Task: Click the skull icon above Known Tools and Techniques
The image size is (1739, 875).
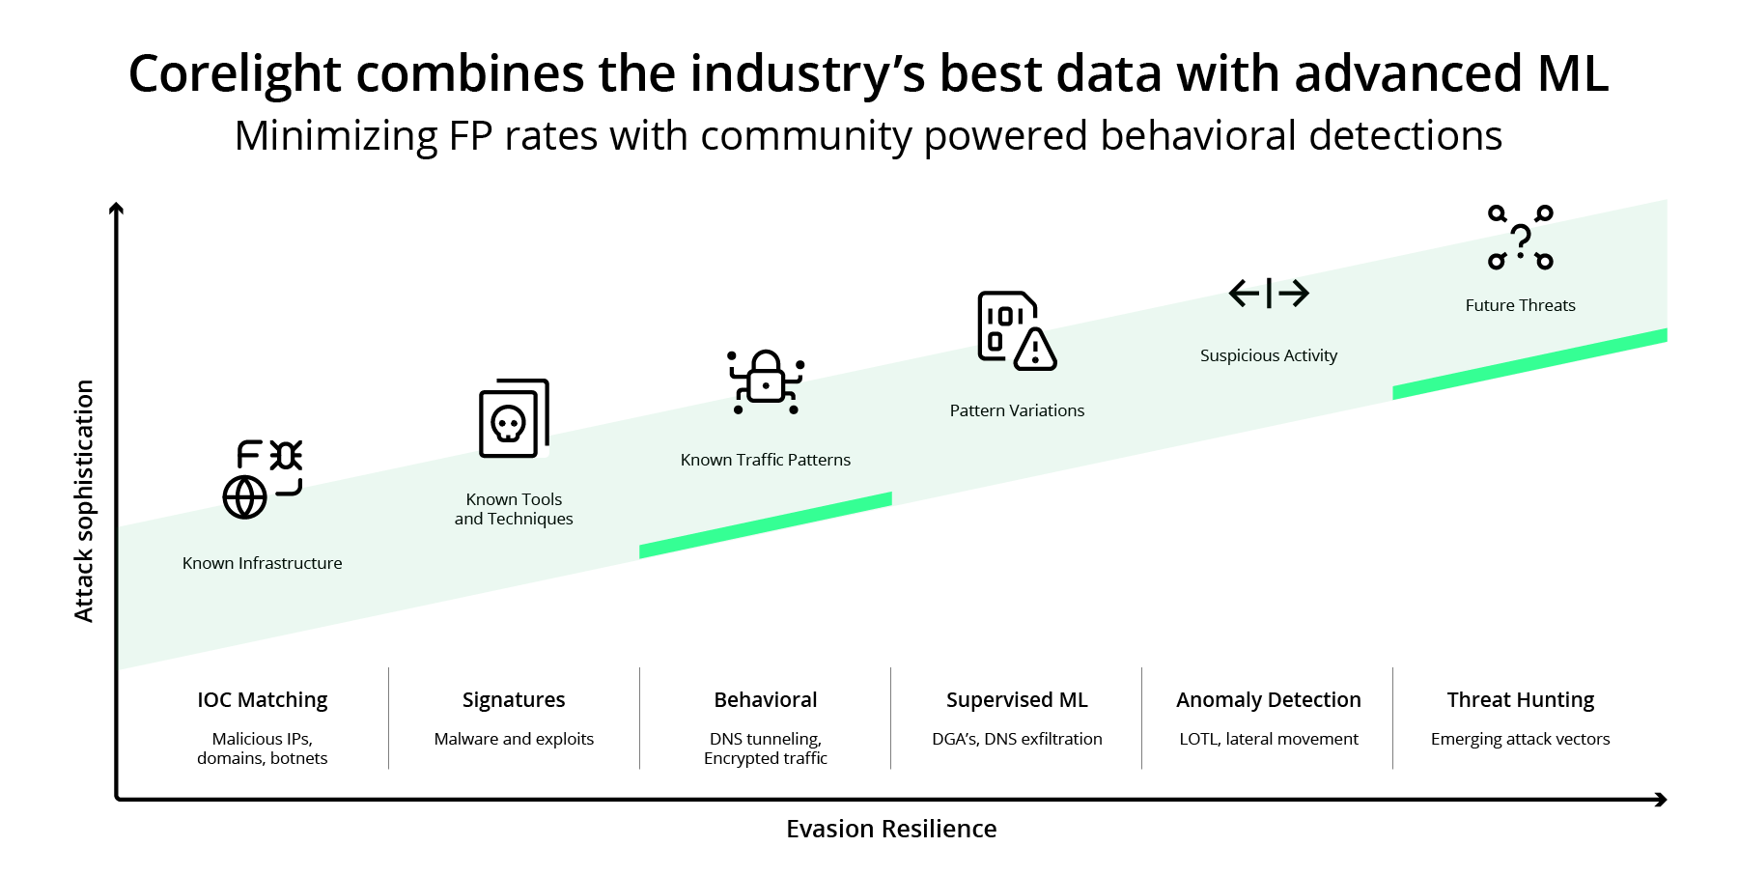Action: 509,422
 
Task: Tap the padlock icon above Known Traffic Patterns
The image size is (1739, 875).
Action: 766,378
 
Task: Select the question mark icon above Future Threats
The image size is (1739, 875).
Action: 1521,238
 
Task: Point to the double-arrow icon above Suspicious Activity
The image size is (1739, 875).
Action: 1269,293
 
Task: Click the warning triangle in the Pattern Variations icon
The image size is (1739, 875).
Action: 1035,351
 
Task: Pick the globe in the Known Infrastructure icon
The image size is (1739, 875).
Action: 244,498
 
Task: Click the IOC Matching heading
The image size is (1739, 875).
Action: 263,700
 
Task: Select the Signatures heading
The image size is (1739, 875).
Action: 514,700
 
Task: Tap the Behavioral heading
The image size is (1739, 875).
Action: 766,700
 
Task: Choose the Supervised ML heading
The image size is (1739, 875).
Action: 1017,700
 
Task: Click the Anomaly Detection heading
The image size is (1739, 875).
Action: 1269,700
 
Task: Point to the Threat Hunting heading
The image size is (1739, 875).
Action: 1521,700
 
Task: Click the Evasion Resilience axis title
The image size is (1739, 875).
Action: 891,829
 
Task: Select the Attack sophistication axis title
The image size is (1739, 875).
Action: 85,500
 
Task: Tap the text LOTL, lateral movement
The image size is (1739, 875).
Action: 1269,739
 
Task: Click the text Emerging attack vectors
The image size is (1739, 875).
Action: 1521,739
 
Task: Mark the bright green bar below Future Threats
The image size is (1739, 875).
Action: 1529,364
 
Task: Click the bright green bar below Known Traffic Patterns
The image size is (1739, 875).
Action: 766,525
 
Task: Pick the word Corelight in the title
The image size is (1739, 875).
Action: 235,73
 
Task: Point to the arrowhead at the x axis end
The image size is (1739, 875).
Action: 1662,800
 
